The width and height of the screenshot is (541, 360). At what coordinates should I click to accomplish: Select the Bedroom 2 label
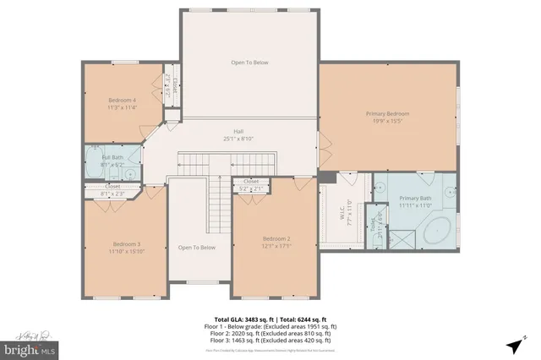click(276, 239)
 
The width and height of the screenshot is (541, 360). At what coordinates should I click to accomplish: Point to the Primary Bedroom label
click(387, 113)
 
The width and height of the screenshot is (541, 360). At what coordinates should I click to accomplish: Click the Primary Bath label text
click(415, 199)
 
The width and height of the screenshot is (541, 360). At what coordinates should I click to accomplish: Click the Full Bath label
click(112, 157)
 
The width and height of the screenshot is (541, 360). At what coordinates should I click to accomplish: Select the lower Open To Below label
click(196, 248)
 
